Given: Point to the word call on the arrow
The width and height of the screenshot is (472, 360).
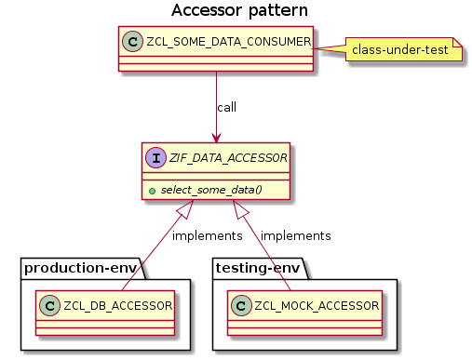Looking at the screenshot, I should [x=226, y=107].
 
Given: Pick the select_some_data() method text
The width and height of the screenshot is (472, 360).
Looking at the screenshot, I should [x=211, y=190].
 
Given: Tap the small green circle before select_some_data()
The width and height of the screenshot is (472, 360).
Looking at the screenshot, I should [x=153, y=190].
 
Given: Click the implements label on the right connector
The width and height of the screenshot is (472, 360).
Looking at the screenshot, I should [x=296, y=235].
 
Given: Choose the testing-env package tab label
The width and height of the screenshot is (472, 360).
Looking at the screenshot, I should [x=257, y=269].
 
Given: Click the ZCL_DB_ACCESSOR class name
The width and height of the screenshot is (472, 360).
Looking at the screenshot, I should [x=115, y=304].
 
